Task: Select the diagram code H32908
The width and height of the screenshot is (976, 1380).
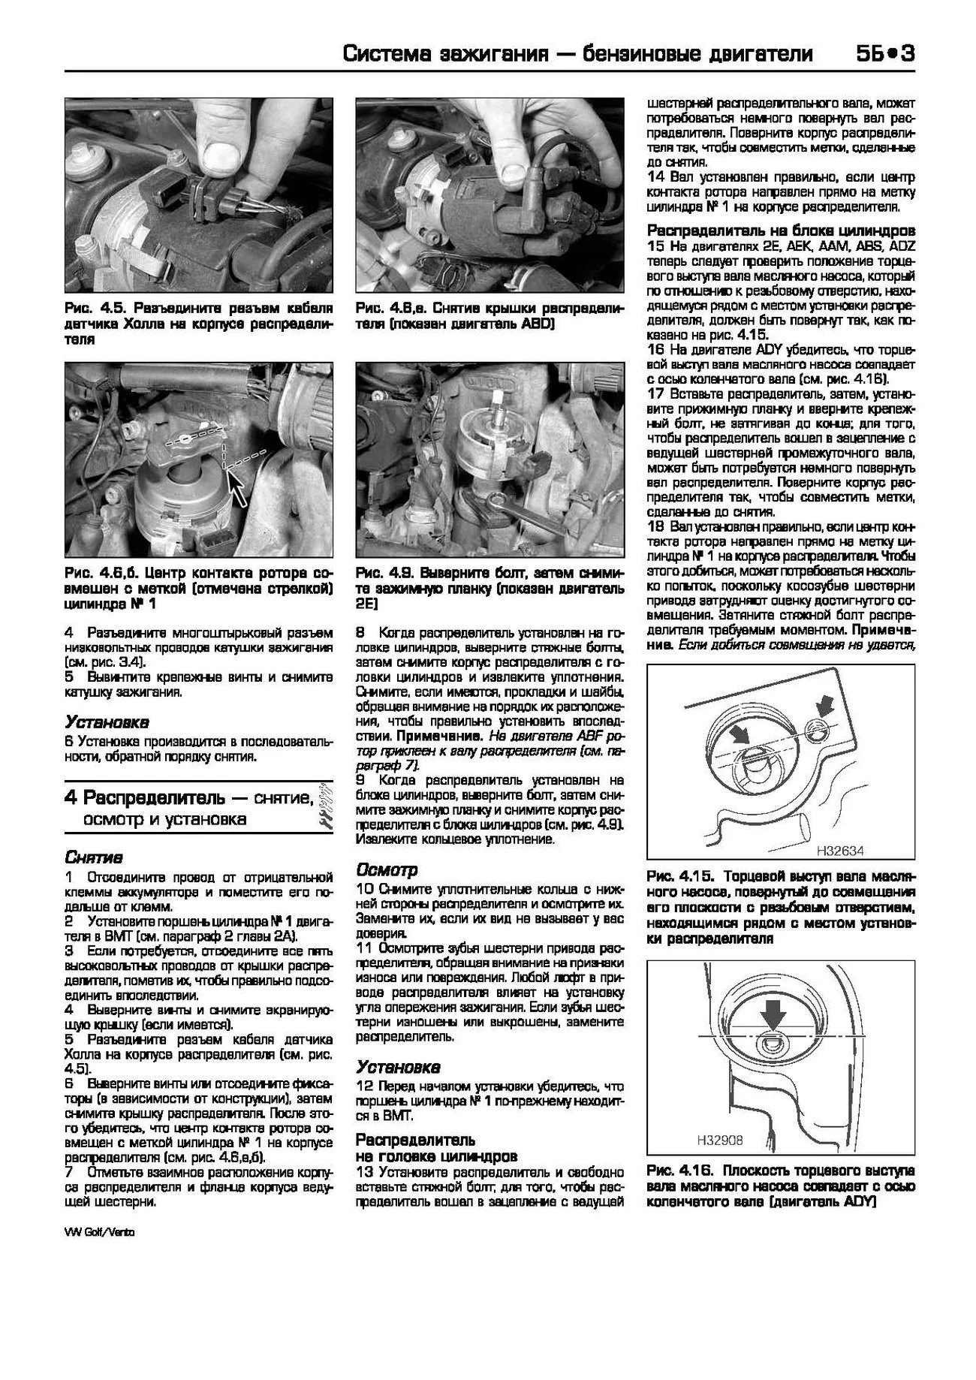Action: coord(719,1140)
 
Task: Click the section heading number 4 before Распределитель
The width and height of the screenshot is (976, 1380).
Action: coord(71,797)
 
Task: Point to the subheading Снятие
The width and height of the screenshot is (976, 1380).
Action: coord(94,857)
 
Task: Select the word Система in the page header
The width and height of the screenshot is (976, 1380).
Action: coord(390,54)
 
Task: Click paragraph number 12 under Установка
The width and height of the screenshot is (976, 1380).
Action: coord(364,1086)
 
